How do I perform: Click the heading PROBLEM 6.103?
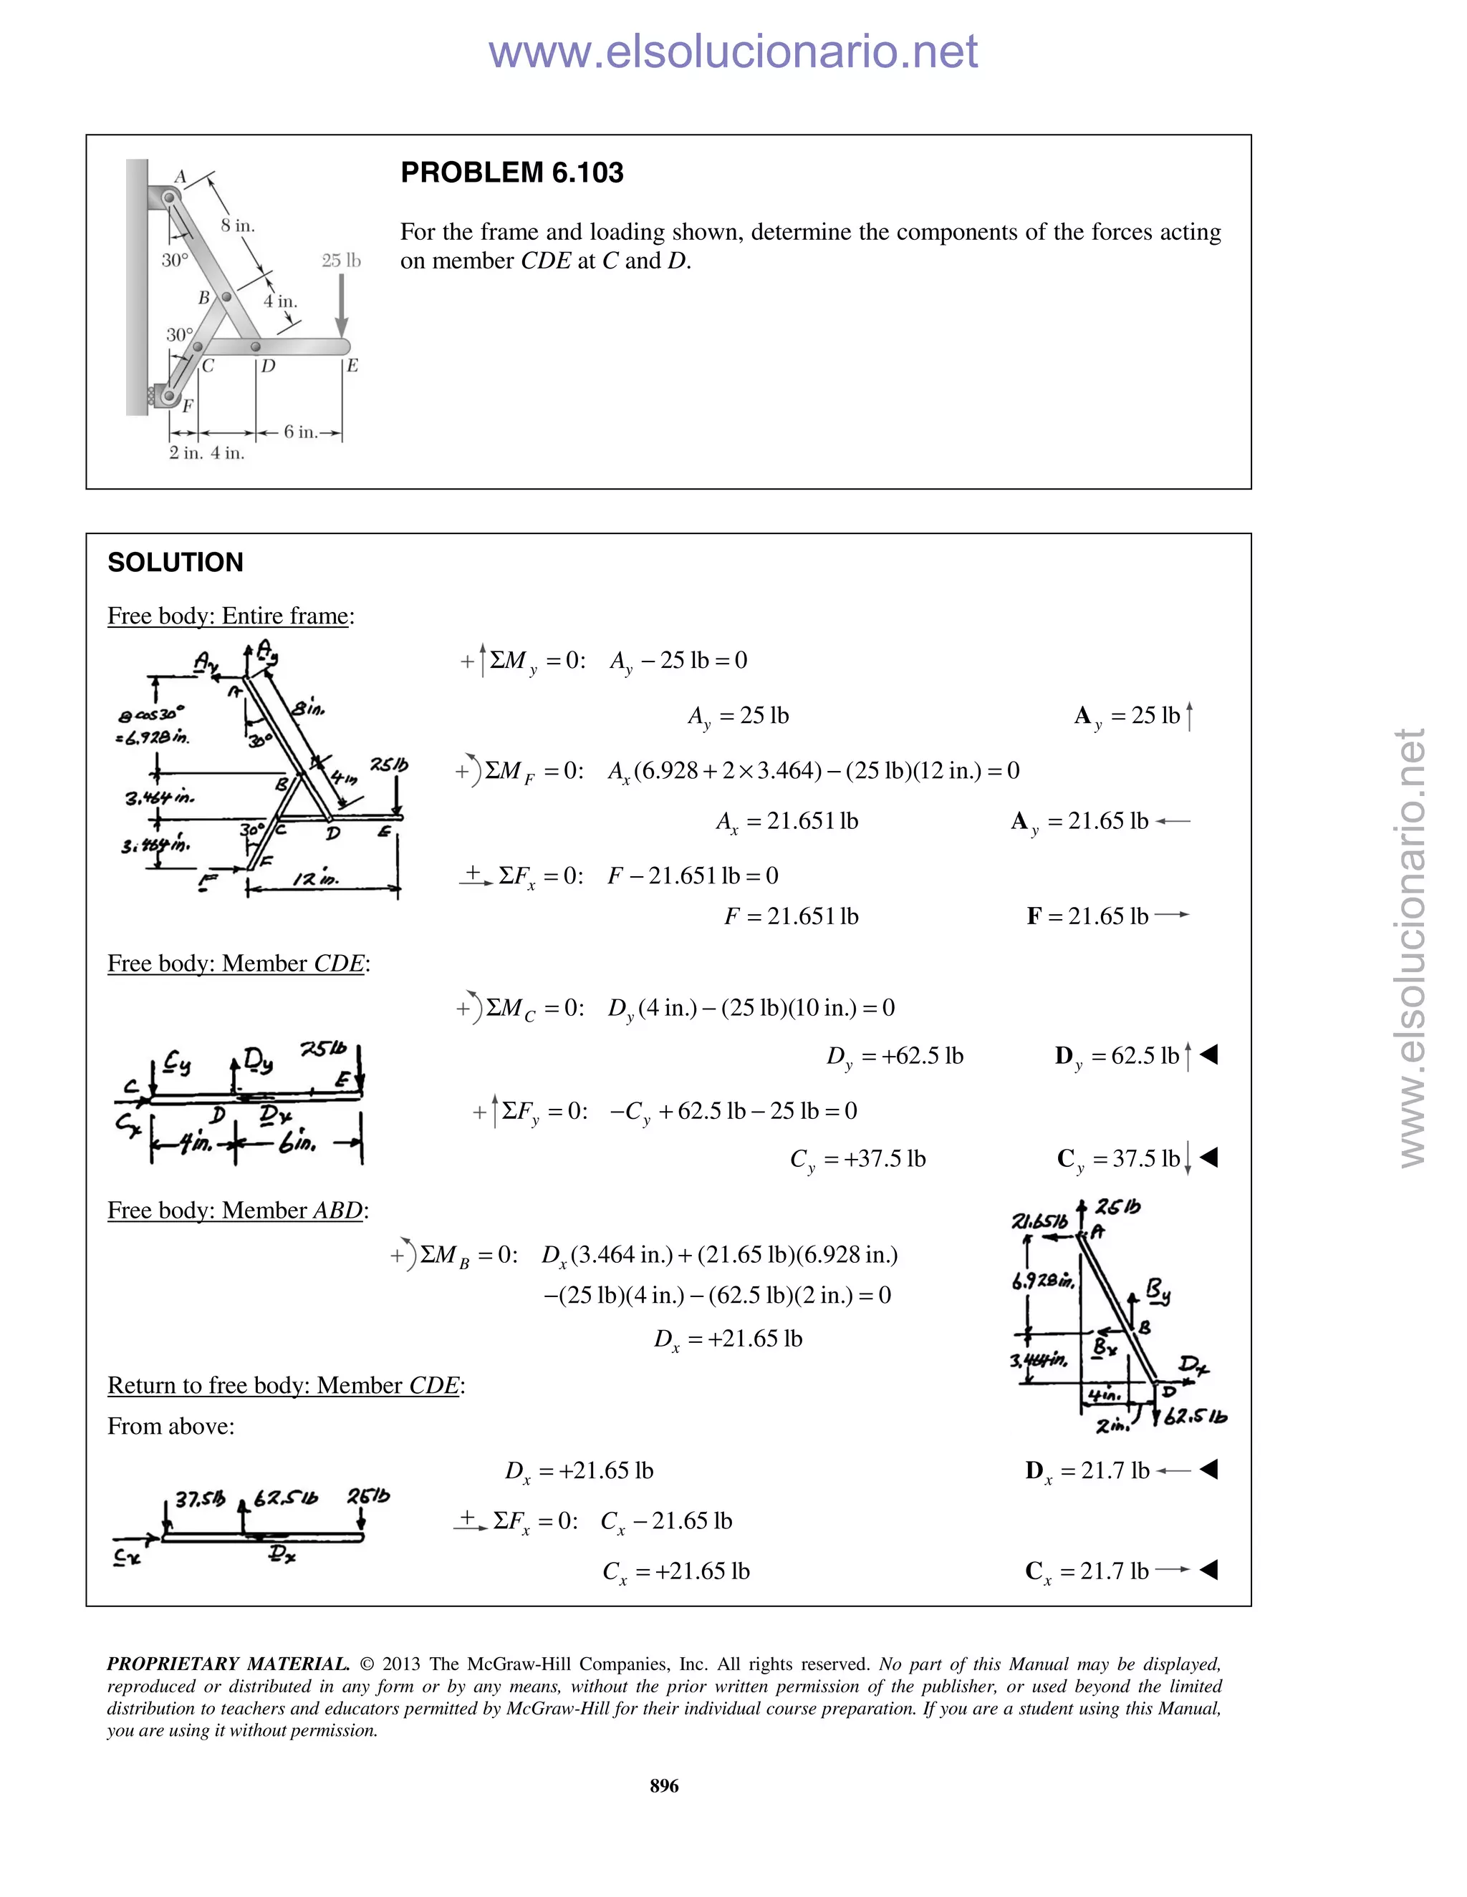click(x=512, y=173)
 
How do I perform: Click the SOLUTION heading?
click(x=175, y=563)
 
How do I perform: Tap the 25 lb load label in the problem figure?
click(x=341, y=261)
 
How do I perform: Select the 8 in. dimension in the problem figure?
click(x=237, y=225)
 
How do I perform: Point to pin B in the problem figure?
click(x=226, y=297)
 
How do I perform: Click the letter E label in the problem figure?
click(x=352, y=366)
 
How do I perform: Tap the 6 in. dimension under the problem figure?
click(x=301, y=432)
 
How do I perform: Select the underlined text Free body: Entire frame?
click(x=229, y=616)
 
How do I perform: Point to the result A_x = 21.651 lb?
click(x=787, y=822)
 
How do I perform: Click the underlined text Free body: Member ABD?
click(x=236, y=1211)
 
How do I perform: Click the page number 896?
click(x=664, y=1786)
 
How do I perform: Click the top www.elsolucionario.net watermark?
click(x=733, y=52)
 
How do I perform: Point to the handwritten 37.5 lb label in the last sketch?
click(x=199, y=1500)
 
